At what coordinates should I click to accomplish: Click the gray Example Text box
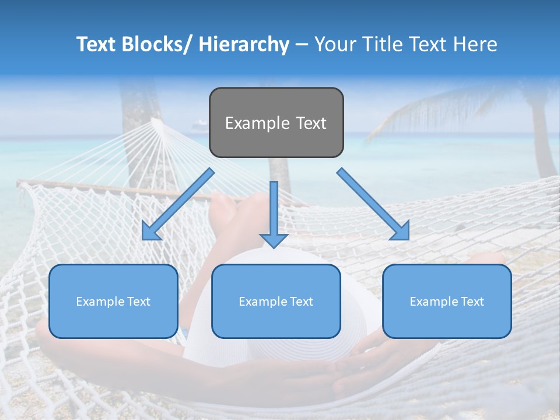[276, 123]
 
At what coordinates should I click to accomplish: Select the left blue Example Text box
[113, 301]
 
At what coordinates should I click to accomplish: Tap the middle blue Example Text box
[276, 301]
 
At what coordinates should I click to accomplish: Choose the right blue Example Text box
[447, 301]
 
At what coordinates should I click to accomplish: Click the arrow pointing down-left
[178, 204]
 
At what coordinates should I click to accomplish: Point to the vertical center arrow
[274, 210]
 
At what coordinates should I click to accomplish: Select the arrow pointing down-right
[373, 204]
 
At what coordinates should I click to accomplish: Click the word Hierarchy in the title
[244, 44]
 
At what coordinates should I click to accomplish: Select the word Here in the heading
[476, 44]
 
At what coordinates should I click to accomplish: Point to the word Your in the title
[334, 44]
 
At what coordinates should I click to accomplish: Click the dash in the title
[302, 44]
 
